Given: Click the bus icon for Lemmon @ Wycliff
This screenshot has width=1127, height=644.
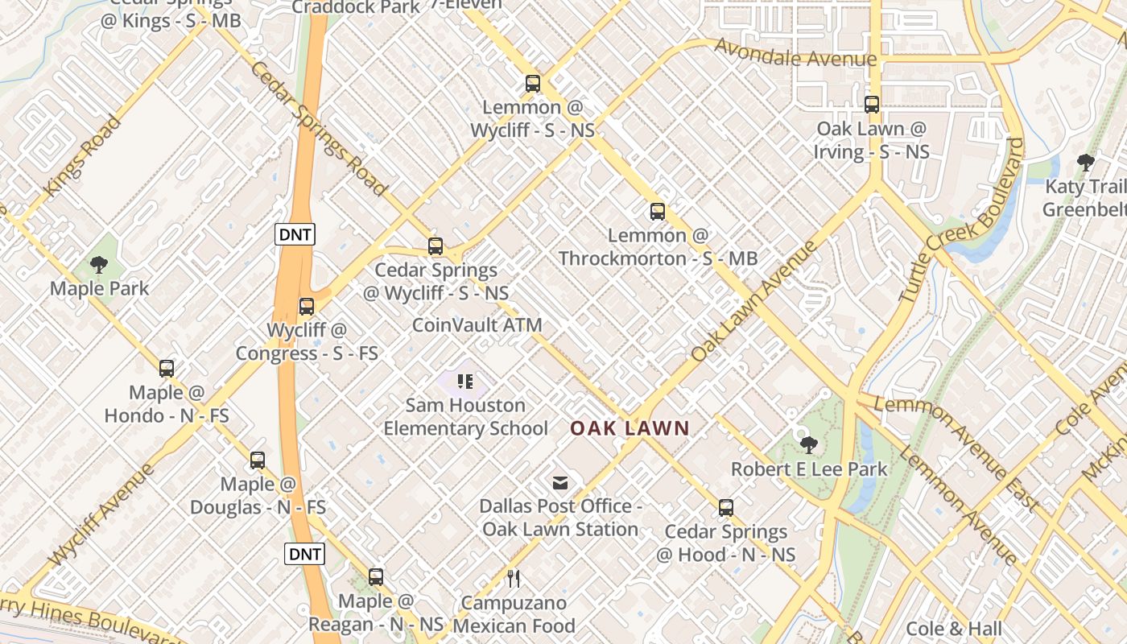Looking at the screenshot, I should pos(532,83).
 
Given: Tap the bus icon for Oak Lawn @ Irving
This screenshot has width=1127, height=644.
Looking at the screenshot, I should pos(872,104).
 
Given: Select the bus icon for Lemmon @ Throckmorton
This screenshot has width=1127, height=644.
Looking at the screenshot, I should pos(658,212).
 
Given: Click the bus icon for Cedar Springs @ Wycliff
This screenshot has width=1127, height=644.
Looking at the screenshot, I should pos(436,246).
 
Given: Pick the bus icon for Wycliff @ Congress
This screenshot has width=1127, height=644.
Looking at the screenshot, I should pos(307,306).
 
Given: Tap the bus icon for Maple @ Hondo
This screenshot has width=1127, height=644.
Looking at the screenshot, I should pos(167,369).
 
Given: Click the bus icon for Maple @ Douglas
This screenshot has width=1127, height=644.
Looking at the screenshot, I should pos(258,460).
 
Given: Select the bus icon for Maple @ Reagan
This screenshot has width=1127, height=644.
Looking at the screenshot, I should pos(376,576).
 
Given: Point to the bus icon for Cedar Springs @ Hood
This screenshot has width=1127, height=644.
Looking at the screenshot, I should pos(726,508).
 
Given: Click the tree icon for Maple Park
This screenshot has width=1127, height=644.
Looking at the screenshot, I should pos(99,264).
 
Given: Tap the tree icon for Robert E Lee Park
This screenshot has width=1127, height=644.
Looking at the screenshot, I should pos(809,444).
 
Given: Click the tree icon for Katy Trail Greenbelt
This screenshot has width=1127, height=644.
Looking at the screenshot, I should pos(1086,163).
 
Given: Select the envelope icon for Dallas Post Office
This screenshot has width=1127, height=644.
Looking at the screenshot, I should pos(560,483).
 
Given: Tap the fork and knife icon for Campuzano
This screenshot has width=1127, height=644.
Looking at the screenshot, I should pos(514,578).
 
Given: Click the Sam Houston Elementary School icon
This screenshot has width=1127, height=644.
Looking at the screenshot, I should pos(465,382).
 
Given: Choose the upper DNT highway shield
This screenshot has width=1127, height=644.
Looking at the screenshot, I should pos(295,234).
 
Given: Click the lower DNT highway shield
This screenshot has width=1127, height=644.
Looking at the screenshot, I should pos(305,554).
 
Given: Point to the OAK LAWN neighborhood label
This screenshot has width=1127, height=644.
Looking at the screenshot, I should pos(630,428).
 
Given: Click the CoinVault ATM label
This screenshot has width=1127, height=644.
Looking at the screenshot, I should pos(477,325).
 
